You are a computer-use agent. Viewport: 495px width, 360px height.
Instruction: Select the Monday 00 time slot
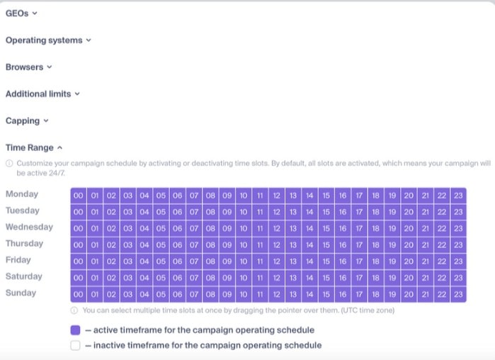tap(79, 195)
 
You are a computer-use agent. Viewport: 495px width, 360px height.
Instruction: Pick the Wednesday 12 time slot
tap(277, 228)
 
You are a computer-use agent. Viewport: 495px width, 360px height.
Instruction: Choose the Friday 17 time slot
tap(359, 261)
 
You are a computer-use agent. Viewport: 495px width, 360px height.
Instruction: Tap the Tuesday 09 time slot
tap(227, 212)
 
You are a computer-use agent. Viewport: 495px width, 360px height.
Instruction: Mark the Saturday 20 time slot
tap(409, 278)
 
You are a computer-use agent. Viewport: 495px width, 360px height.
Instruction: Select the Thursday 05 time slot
tap(161, 244)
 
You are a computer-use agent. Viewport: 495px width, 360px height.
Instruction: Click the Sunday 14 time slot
tap(309, 294)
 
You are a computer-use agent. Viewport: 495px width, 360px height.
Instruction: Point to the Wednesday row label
tap(29, 227)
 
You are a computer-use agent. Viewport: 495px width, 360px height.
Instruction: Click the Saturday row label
tap(23, 276)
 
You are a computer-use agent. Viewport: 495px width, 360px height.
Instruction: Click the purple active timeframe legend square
tap(76, 330)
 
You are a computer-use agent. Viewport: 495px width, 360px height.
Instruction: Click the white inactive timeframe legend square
tap(76, 345)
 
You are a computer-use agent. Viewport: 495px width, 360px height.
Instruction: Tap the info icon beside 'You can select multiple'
tap(74, 310)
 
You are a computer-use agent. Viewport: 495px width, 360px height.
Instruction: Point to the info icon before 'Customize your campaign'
tap(9, 163)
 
